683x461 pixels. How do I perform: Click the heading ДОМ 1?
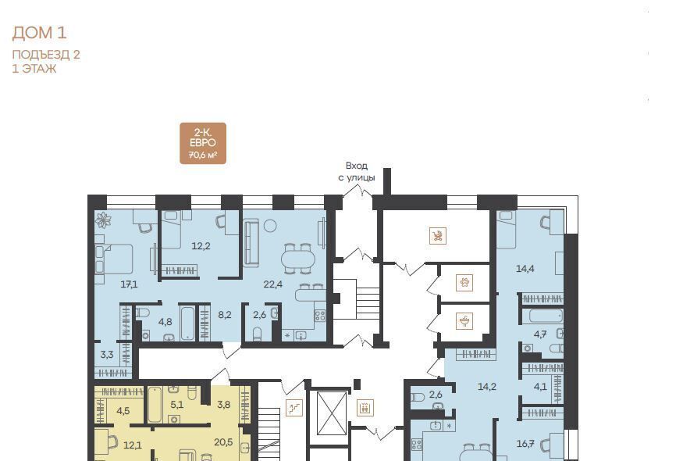click(x=39, y=33)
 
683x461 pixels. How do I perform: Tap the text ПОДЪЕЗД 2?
click(x=46, y=55)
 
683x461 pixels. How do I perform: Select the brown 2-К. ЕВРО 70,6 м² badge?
click(x=203, y=144)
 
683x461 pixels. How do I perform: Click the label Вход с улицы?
click(x=357, y=171)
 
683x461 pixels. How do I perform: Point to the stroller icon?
click(x=437, y=236)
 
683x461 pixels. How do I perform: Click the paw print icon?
click(x=464, y=283)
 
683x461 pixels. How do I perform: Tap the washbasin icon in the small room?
click(x=464, y=321)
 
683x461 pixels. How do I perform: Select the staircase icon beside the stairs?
click(x=294, y=408)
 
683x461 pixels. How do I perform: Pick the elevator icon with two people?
click(x=365, y=408)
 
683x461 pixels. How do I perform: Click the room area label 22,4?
click(x=273, y=284)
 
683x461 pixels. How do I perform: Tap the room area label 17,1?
click(x=129, y=284)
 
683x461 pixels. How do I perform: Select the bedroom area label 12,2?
click(x=201, y=246)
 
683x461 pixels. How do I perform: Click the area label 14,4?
click(x=525, y=269)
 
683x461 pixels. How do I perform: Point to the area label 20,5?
click(x=223, y=442)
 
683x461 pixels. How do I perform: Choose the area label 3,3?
click(x=107, y=355)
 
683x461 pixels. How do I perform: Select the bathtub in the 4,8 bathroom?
click(x=187, y=323)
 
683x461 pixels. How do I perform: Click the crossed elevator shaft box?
click(x=332, y=413)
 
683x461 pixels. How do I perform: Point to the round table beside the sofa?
click(x=270, y=226)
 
